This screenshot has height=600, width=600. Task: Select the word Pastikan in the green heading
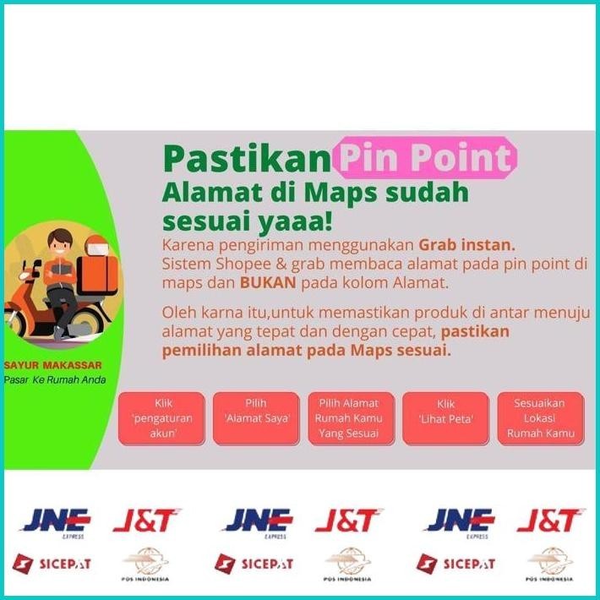point(245,158)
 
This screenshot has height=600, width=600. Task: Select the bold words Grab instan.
point(466,245)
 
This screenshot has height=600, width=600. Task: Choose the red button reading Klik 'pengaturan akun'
point(162,418)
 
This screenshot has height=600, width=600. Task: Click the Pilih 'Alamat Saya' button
point(257,418)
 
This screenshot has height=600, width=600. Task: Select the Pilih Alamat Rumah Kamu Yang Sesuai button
point(348,418)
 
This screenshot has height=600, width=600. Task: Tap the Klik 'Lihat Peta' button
point(446,418)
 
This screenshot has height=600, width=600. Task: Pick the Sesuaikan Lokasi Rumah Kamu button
point(540,418)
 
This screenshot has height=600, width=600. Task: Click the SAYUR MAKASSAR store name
point(53,365)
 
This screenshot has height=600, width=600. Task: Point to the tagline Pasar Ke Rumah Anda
point(55,379)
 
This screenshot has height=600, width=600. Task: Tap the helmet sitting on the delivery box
point(97,244)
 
